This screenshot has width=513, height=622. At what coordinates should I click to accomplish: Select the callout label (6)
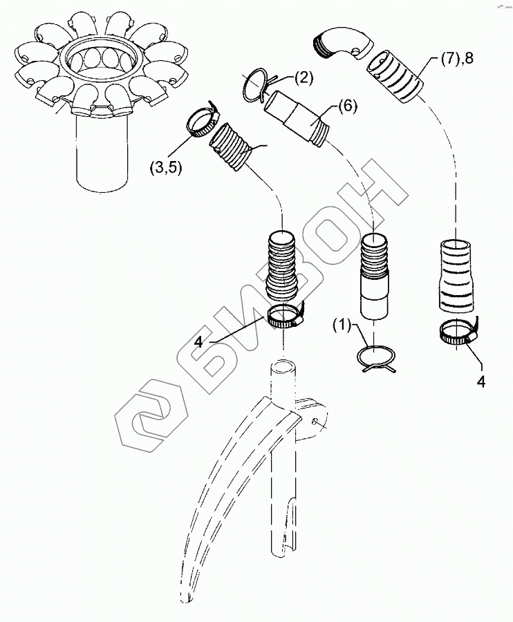[x=347, y=107]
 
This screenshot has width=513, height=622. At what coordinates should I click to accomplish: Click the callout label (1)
[x=343, y=323]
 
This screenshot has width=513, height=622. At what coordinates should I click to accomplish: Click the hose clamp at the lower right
[x=457, y=334]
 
